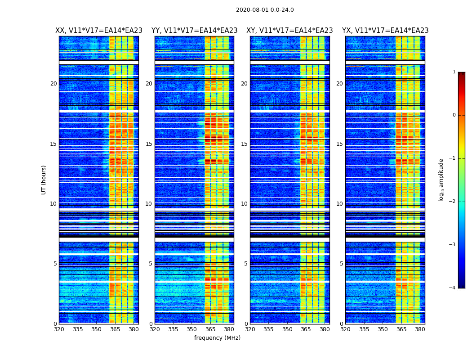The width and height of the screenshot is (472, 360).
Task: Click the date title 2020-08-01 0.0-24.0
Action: click(x=265, y=10)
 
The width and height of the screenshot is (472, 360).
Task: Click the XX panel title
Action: click(x=99, y=31)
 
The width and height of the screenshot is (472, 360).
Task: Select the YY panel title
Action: click(x=194, y=31)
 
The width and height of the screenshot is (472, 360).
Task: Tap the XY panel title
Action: click(x=289, y=31)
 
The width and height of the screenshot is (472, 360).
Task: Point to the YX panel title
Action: click(x=385, y=31)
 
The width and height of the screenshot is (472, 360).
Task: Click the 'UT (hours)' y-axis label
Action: click(x=44, y=180)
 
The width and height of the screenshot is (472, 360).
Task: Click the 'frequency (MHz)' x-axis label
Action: click(x=217, y=338)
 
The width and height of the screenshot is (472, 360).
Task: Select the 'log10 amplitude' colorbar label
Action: click(x=441, y=180)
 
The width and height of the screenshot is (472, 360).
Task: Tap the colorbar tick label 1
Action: click(x=454, y=72)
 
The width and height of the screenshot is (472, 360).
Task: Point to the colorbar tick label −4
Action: click(x=453, y=288)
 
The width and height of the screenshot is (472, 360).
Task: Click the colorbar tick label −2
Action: click(x=453, y=202)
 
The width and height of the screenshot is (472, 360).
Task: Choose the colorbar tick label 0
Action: click(x=454, y=115)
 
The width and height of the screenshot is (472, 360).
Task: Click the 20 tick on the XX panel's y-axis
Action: click(x=53, y=84)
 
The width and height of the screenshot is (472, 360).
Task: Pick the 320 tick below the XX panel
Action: click(x=59, y=329)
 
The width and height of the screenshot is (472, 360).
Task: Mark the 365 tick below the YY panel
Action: click(x=210, y=329)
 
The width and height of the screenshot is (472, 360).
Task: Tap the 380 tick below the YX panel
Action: click(x=420, y=329)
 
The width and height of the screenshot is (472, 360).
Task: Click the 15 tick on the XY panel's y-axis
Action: click(x=244, y=144)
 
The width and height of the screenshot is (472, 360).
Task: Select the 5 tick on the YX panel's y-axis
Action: click(x=341, y=264)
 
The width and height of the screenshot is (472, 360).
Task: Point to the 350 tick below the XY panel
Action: click(x=287, y=329)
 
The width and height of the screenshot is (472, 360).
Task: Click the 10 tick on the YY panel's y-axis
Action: click(x=149, y=204)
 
